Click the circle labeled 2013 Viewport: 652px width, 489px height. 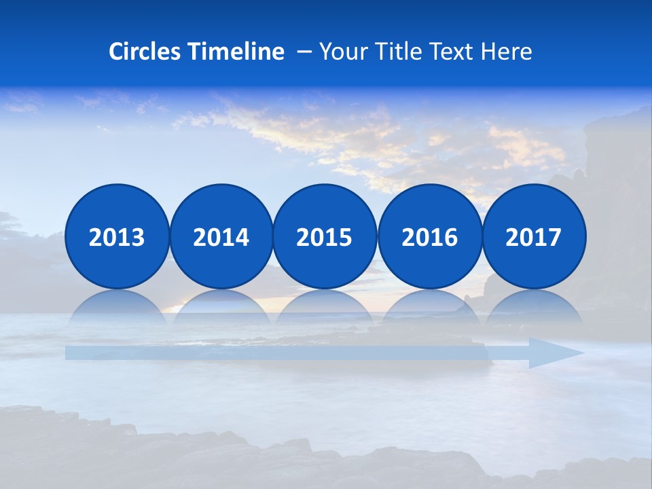tap(117, 236)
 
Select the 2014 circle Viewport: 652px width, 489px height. tap(221, 236)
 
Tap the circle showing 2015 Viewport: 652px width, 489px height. tap(325, 236)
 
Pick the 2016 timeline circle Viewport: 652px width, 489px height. tap(429, 236)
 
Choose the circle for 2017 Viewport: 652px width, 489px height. tap(533, 236)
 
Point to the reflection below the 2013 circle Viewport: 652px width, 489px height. tap(117, 306)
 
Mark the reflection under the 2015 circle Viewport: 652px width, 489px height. tap(325, 306)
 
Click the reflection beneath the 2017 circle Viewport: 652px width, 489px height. tap(533, 306)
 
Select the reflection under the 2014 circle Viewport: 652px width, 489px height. tap(221, 306)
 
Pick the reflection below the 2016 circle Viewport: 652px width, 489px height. tap(429, 306)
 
